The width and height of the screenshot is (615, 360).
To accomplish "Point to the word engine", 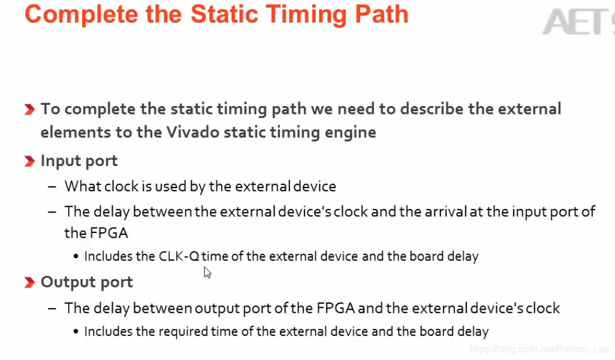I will tap(350, 132).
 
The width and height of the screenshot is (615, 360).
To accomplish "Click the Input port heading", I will tap(79, 161).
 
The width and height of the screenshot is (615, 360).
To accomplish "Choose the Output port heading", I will tap(87, 282).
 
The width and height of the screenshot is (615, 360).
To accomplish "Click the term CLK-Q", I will tap(179, 256).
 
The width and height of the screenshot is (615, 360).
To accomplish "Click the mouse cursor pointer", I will tap(207, 273).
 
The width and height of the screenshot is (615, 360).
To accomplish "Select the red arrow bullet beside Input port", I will tap(29, 162).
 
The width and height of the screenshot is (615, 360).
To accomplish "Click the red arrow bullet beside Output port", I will tap(29, 283).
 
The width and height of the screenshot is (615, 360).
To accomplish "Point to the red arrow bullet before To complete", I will tap(29, 110).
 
